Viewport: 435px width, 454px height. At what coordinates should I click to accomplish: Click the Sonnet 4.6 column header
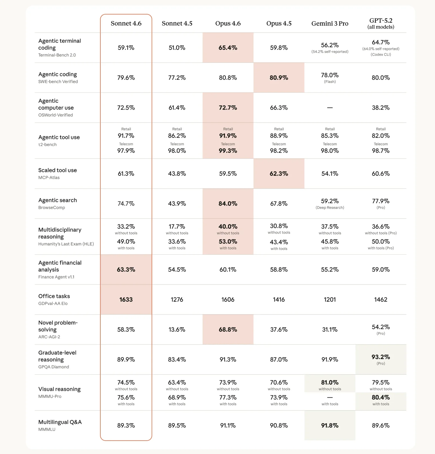point(126,24)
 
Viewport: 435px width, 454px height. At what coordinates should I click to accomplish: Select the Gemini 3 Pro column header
point(330,24)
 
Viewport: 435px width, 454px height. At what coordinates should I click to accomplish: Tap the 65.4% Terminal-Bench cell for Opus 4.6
point(228,48)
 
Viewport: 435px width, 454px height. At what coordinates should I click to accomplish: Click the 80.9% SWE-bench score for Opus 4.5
point(279,78)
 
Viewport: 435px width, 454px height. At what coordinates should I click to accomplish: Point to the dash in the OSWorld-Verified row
point(330,108)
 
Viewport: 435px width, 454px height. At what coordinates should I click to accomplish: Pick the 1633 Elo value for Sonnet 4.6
point(126,300)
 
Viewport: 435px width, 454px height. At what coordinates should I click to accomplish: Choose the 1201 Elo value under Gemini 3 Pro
point(330,300)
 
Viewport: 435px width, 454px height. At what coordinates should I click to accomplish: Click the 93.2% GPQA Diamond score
point(380,357)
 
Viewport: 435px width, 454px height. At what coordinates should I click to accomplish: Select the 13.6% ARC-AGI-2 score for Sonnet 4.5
point(177,329)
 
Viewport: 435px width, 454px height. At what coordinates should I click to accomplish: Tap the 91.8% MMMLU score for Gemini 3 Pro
point(330,425)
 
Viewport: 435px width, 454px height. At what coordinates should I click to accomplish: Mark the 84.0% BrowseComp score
point(228,204)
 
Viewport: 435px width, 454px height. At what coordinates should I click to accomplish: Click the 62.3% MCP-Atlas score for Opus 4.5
point(279,174)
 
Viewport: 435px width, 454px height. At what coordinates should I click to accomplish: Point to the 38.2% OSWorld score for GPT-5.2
point(380,108)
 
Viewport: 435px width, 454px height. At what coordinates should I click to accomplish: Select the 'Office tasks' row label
point(54,296)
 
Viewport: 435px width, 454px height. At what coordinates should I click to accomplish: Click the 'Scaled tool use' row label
point(58,170)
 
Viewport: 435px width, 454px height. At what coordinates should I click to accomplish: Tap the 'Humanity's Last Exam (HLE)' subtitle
point(66,244)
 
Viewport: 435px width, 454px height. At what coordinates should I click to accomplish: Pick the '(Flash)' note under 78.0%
point(330,82)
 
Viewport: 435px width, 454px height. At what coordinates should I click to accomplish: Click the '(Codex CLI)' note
point(380,55)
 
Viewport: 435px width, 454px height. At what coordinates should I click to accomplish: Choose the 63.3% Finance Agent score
point(126,270)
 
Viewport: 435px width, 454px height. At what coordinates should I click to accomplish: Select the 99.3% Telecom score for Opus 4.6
point(228,151)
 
